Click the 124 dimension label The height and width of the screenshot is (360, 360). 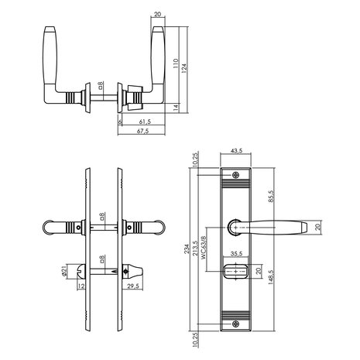point(184,68)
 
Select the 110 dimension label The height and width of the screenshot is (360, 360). point(176,63)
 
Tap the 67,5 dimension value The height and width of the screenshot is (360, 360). point(142,131)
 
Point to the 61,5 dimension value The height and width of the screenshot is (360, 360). point(145,122)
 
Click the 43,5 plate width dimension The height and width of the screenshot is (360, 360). point(236,151)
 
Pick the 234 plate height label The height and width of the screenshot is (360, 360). point(187,249)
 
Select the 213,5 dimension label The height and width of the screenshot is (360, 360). point(195,248)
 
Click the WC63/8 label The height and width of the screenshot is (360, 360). point(204,247)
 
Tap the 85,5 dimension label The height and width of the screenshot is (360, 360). point(271,196)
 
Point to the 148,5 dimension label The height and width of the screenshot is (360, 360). point(271,277)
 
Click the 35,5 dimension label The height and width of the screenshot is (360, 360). point(236,254)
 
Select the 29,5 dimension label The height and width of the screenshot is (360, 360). point(133,286)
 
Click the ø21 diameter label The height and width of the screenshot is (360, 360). point(64,271)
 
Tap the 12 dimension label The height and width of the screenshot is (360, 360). point(81,286)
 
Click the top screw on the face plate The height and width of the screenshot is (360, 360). point(235,175)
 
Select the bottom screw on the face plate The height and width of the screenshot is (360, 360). point(235,324)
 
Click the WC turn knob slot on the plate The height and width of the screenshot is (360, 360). point(235,272)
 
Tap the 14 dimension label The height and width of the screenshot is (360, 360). point(176,108)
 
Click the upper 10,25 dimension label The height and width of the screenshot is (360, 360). point(195,159)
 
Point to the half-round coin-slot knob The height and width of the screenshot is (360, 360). point(81,272)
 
